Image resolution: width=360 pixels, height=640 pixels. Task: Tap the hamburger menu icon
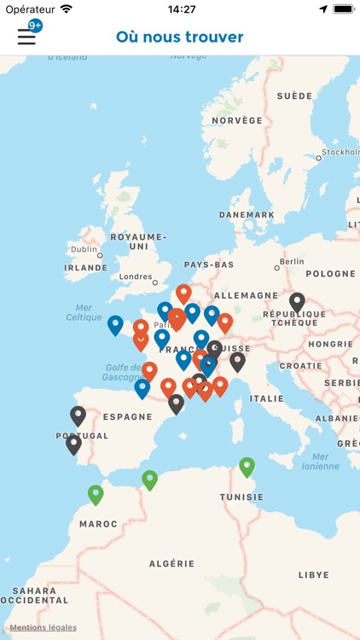coord(26,37)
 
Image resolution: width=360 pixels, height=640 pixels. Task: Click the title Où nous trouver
coord(180,37)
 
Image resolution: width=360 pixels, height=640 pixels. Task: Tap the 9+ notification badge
coord(35,26)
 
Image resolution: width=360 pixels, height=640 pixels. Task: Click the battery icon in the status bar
coord(343,9)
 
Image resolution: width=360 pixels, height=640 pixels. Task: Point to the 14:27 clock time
coord(182,9)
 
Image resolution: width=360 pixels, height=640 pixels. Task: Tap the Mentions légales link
coord(44,627)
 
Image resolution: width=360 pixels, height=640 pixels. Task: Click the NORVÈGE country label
coord(237,120)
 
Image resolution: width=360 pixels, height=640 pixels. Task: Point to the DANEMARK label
coord(247,215)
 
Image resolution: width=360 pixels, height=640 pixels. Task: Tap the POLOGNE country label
coord(329,274)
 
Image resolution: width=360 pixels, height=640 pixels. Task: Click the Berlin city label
coord(291,262)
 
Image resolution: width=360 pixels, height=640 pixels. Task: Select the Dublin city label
coord(84,249)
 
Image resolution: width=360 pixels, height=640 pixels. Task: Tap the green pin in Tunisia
coord(247,466)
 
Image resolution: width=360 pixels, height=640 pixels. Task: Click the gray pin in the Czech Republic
coord(297,301)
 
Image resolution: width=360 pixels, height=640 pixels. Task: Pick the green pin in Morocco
coord(96,493)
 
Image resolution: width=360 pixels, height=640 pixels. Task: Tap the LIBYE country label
coord(313,575)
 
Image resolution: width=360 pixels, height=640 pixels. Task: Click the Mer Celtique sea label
coord(84,312)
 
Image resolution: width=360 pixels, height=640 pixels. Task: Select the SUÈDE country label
coord(294,96)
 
